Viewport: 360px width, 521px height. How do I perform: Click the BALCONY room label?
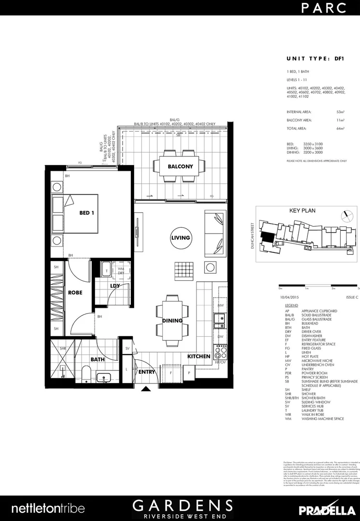click(x=180, y=166)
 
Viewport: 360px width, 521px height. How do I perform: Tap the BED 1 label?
click(x=86, y=212)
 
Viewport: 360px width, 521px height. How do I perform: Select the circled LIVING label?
click(x=180, y=238)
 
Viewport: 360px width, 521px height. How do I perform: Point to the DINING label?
click(x=172, y=320)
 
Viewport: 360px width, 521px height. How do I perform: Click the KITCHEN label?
click(x=199, y=356)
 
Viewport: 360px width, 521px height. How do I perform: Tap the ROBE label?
click(x=75, y=292)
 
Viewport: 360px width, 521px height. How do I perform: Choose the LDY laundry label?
click(x=115, y=286)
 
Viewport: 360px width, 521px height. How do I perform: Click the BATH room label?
click(x=98, y=359)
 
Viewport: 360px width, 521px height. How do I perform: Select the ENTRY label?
click(x=146, y=372)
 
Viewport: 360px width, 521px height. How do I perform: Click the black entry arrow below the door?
click(x=145, y=389)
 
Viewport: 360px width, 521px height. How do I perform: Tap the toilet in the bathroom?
click(x=86, y=374)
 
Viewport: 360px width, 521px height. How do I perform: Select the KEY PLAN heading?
click(x=302, y=211)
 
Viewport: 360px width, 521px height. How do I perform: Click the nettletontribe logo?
click(x=48, y=508)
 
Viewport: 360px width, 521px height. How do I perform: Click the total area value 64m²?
click(x=340, y=128)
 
